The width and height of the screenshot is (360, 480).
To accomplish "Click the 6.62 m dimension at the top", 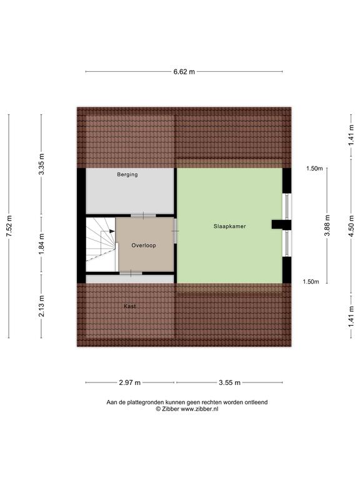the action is [x=184, y=72].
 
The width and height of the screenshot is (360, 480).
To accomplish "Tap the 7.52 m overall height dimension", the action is [x=9, y=226].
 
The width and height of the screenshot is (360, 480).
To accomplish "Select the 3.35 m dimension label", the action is [x=42, y=164].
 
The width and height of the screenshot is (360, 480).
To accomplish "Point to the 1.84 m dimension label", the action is [x=42, y=244].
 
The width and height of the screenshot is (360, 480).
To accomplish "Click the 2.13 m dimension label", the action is [x=42, y=306].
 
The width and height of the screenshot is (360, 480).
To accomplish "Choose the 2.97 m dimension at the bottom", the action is [x=130, y=382].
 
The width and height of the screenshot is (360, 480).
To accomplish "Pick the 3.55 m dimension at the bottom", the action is [x=229, y=382].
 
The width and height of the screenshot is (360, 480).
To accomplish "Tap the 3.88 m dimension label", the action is [x=327, y=225].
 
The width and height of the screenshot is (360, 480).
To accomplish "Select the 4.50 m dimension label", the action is [x=351, y=226].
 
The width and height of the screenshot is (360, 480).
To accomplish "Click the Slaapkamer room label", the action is [x=229, y=226].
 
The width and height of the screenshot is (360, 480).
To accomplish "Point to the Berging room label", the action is [x=127, y=174].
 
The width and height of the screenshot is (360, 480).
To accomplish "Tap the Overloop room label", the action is [x=144, y=245].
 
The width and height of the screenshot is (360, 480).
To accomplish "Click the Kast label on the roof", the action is [x=130, y=306].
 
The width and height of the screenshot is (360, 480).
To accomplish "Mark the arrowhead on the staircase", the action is [x=112, y=231].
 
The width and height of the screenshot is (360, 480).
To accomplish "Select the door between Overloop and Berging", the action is [x=143, y=216].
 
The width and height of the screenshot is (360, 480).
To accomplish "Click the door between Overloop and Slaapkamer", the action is [x=176, y=231].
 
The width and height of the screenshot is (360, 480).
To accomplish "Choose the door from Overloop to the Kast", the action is [x=131, y=273].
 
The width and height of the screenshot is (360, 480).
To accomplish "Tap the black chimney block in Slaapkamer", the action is [x=281, y=225].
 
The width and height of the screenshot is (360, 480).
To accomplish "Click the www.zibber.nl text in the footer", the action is [x=199, y=409].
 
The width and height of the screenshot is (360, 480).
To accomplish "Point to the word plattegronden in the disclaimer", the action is [x=146, y=402].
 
